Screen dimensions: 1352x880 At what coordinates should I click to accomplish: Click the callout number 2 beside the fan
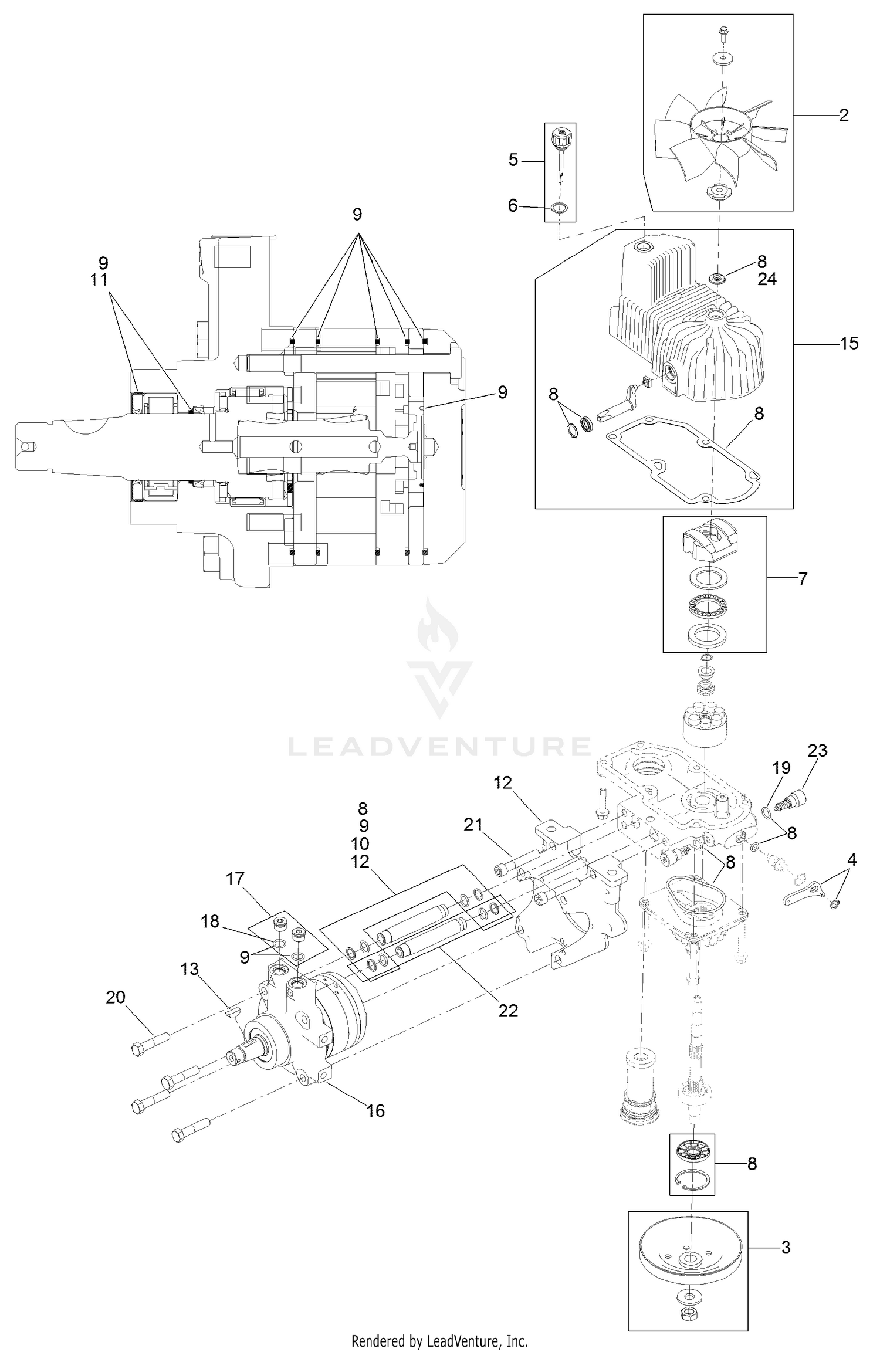(x=843, y=115)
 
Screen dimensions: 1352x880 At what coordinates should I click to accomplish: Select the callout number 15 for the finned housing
(x=849, y=343)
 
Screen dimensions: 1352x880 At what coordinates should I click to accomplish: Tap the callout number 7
(x=803, y=579)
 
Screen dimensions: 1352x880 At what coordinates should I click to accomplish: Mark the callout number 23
(x=817, y=750)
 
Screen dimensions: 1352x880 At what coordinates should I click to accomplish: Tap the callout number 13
(x=189, y=970)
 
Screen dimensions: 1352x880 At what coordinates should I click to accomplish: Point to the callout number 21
(x=473, y=825)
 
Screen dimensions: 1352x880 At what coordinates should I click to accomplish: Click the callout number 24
(x=767, y=279)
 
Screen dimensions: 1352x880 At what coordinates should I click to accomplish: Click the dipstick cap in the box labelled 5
(x=560, y=138)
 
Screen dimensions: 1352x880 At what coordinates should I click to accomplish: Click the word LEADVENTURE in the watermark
(x=439, y=747)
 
